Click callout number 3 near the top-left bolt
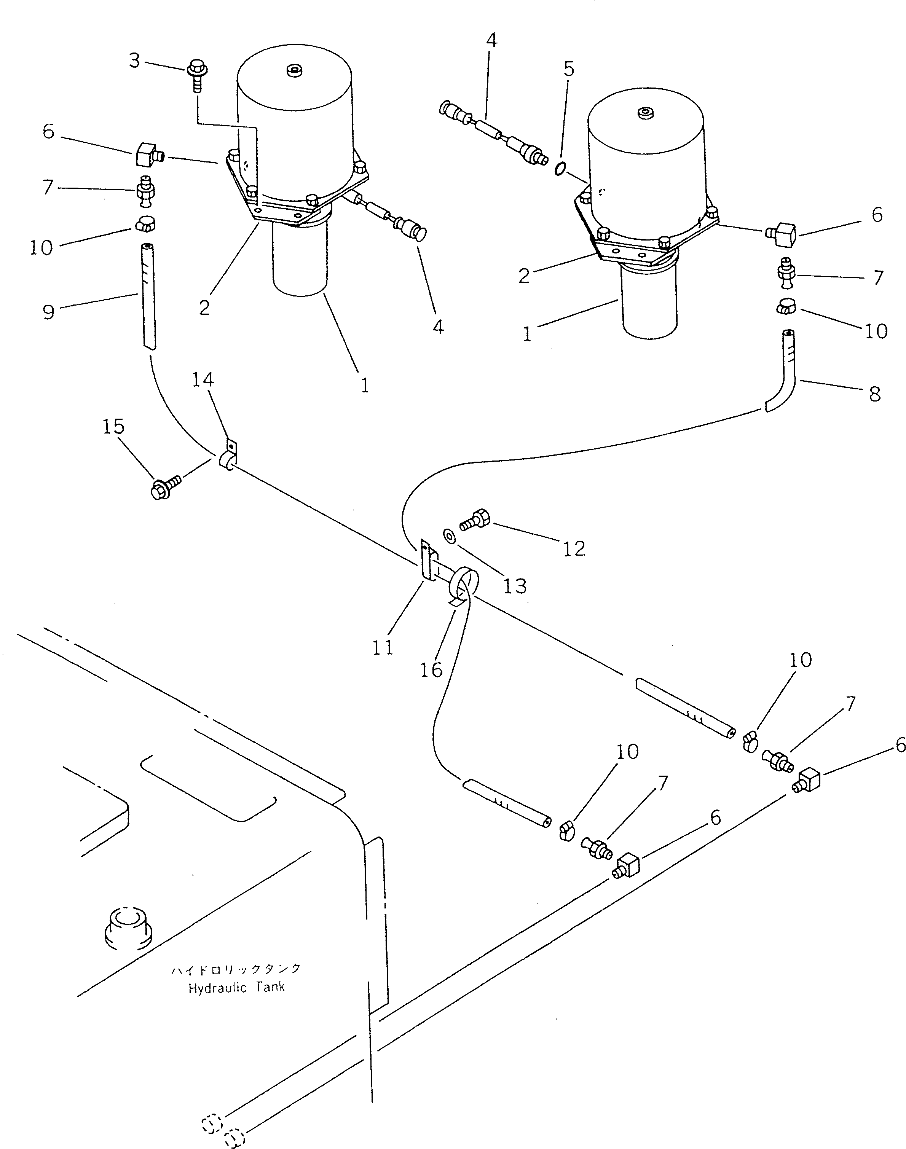coord(134,61)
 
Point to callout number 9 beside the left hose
coord(48,312)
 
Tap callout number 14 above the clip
coord(203,380)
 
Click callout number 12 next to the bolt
coord(573,548)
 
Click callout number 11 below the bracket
coord(383,647)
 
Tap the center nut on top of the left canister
coord(293,70)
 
